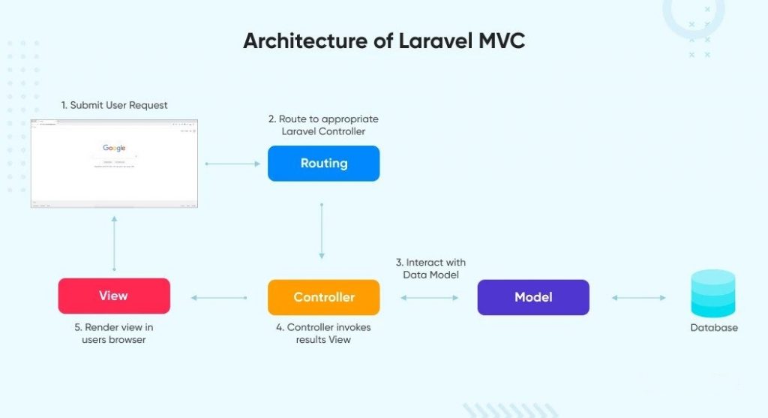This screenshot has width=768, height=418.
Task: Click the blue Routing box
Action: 323,164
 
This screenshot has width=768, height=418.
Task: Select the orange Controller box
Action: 323,297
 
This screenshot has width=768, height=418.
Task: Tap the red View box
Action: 114,296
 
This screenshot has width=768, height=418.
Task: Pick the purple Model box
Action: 533,297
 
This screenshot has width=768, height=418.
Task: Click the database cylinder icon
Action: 713,294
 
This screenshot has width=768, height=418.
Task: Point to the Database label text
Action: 714,328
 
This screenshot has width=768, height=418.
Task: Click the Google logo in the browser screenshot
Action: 114,149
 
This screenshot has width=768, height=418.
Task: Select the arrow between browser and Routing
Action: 232,164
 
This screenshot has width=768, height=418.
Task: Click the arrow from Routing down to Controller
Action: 322,230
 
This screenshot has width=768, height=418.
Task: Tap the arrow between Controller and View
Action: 219,298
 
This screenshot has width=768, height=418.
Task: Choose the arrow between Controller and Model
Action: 429,298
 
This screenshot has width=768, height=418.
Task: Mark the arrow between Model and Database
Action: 638,298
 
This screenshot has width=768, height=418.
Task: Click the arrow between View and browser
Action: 114,243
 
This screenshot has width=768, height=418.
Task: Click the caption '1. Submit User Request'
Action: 114,105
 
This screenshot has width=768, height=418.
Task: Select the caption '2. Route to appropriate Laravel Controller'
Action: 323,125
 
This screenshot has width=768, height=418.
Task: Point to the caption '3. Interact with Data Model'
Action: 430,269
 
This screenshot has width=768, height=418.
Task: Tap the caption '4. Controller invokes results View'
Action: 323,333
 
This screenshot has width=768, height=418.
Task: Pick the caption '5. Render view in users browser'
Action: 114,333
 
